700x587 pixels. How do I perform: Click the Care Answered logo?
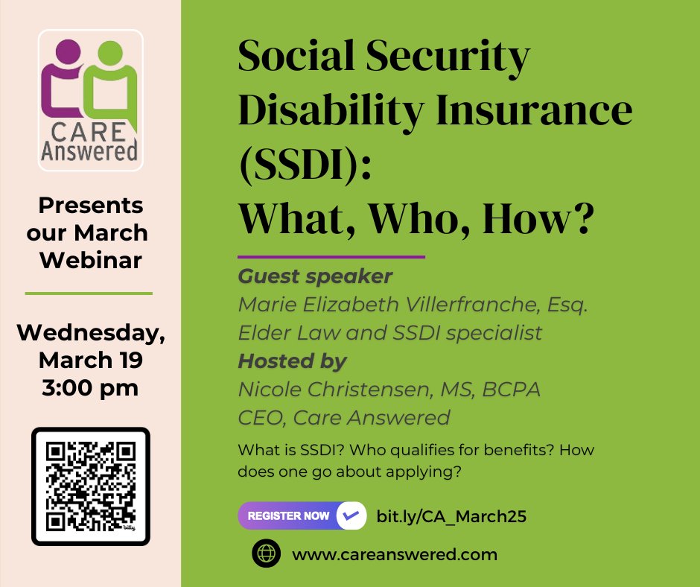point(90,101)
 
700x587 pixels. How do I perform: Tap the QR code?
point(91,486)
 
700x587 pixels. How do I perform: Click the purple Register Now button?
point(289,515)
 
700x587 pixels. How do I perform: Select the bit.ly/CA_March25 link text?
point(451,516)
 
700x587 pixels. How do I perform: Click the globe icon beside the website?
point(266,554)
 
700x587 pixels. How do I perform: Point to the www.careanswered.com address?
point(395,554)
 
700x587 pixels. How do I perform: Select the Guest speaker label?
point(314,276)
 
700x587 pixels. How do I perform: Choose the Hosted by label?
point(292,361)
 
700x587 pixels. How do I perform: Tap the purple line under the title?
point(331,257)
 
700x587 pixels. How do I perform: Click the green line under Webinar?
point(89,293)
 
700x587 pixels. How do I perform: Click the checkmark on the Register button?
point(350,515)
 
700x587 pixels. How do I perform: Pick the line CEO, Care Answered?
point(343,417)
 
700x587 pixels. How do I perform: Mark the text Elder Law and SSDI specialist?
point(389,332)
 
